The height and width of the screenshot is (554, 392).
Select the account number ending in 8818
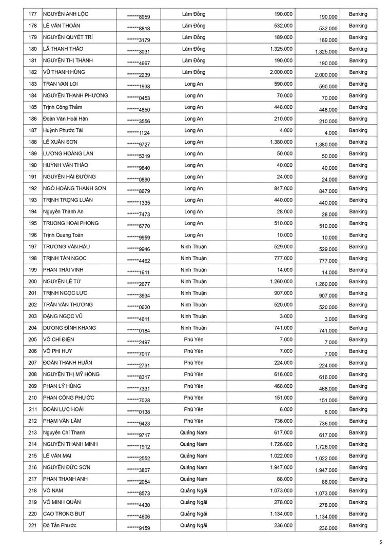tap(138, 29)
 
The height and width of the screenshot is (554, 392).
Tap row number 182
tap(32, 72)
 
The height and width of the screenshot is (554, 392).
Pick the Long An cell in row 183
tap(193, 84)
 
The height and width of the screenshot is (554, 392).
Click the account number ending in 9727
tap(138, 145)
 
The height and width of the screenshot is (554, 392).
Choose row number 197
tap(32, 247)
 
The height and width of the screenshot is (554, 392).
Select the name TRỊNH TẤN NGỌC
tap(65, 258)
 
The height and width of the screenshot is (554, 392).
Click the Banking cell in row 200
tap(358, 281)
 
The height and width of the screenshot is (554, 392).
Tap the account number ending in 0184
tap(138, 331)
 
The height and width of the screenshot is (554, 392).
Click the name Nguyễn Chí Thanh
tap(64, 432)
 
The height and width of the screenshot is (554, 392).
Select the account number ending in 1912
tap(138, 447)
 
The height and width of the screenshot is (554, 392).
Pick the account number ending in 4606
tap(138, 517)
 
